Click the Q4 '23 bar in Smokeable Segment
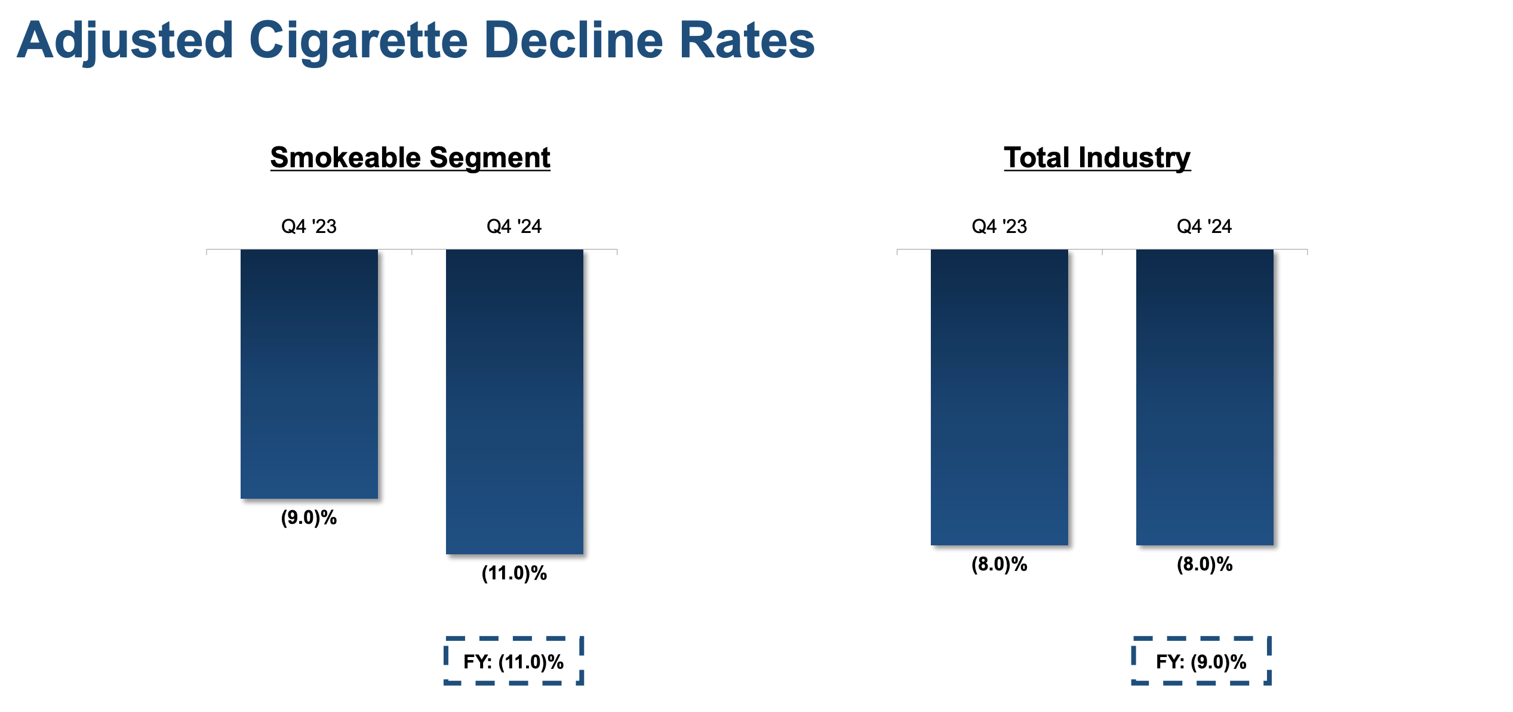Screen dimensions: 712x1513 tap(309, 373)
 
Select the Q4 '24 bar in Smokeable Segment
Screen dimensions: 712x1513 tap(514, 401)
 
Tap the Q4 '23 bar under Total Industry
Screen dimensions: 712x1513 tap(999, 397)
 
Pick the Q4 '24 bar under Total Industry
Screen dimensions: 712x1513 tap(1204, 397)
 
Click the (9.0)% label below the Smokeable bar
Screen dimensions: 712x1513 tap(309, 517)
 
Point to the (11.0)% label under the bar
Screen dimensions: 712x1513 tap(514, 573)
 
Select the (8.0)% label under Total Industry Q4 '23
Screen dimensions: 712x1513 tap(999, 564)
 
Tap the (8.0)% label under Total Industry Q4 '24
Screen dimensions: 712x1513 tap(1204, 564)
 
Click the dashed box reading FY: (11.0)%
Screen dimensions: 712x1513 tap(513, 661)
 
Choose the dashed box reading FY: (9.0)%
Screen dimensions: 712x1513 tap(1201, 661)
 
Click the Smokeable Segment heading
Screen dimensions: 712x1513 tap(410, 158)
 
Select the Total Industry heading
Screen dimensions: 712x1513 tap(1097, 158)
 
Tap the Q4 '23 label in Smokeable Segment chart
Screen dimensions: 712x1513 tap(309, 226)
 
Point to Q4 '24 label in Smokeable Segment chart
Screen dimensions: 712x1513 tap(514, 226)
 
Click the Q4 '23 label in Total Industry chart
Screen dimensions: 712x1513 tap(999, 226)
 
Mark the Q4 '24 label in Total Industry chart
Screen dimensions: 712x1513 tap(1204, 226)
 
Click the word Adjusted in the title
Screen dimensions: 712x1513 tap(125, 41)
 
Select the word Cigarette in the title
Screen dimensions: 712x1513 tap(358, 41)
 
